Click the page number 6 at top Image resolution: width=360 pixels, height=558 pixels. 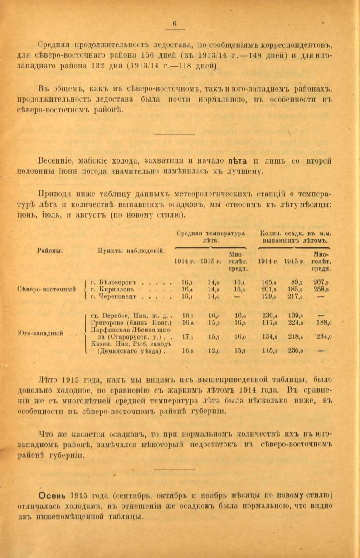tap(175, 24)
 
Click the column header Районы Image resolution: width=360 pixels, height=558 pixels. tap(50, 250)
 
